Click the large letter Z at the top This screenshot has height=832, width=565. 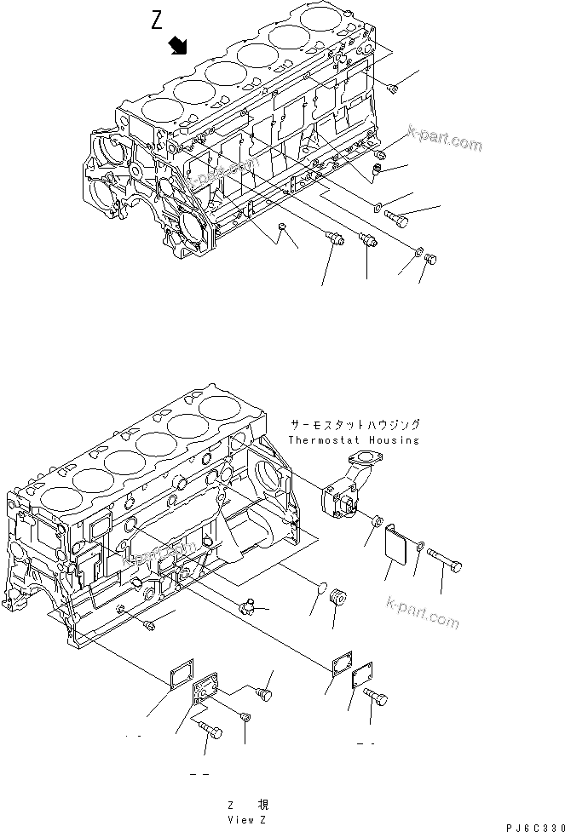157,21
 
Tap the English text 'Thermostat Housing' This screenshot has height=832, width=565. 354,440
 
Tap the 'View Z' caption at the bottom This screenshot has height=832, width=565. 248,818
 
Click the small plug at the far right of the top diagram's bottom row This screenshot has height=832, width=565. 430,259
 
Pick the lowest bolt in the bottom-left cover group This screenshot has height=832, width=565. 210,730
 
